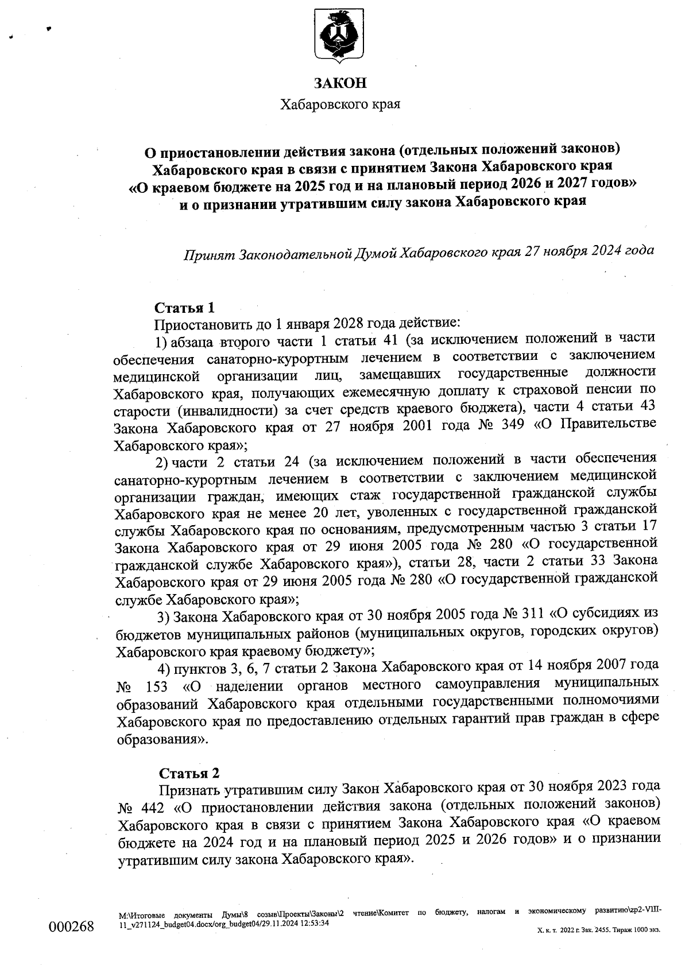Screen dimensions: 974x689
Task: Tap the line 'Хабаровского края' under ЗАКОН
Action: [x=339, y=104]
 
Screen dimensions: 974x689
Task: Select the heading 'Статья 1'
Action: [x=184, y=308]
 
